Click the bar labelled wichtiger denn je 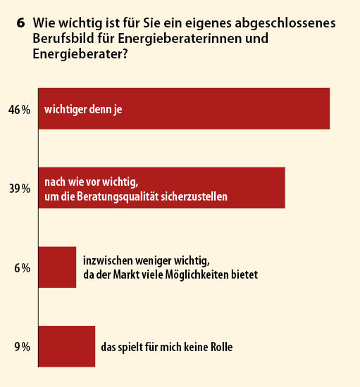tap(184, 108)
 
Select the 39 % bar tap(162, 188)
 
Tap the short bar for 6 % tap(57, 267)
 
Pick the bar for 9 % tap(67, 346)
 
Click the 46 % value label tap(19, 110)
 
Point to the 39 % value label tap(20, 189)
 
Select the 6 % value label tap(23, 268)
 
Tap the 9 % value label tap(23, 347)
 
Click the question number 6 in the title tap(20, 23)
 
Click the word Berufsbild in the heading tap(63, 39)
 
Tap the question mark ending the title tap(125, 53)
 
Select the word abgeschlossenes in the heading tap(285, 23)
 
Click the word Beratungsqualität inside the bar tap(118, 197)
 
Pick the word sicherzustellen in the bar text tap(194, 196)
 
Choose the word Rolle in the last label tap(222, 347)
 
